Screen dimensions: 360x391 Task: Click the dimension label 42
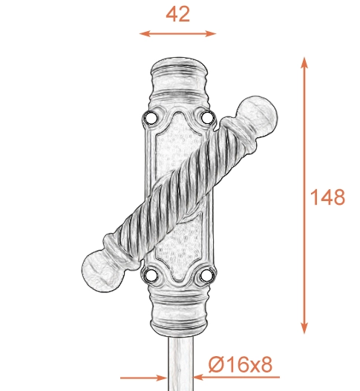point(177,14)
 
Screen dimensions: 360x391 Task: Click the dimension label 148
point(327,197)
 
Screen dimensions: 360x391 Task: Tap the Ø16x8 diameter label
point(240,364)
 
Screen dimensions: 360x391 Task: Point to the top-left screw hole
point(151,117)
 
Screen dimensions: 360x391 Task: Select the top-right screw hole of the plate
point(207,117)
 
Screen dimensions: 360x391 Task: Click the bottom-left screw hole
point(151,276)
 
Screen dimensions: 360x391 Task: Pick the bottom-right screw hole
point(206,276)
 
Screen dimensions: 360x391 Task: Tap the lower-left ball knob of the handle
point(102,271)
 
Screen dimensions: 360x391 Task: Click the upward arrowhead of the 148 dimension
point(304,62)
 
